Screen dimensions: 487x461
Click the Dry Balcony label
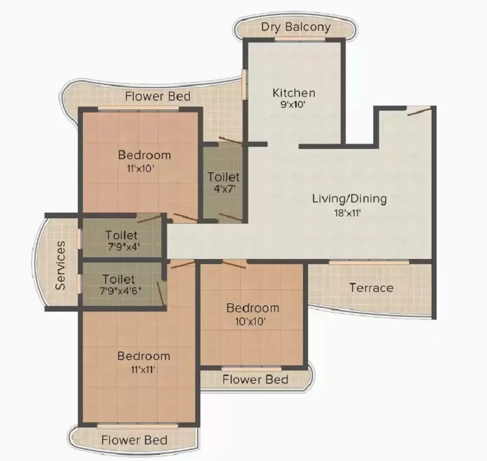[296, 27]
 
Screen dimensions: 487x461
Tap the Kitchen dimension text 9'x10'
[293, 104]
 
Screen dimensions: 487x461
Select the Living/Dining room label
[349, 199]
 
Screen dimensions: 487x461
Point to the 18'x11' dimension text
[348, 213]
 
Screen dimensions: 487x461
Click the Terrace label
[371, 288]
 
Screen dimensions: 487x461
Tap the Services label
[60, 265]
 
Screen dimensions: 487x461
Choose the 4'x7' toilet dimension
[223, 189]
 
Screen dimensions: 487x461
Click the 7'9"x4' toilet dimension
[124, 247]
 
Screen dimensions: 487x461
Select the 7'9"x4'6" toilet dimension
[121, 291]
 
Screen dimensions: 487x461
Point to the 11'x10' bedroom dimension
[141, 168]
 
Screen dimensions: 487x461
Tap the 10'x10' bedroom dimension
[250, 321]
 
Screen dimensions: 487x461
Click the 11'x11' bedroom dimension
[143, 370]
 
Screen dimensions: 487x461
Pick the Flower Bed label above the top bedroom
[158, 96]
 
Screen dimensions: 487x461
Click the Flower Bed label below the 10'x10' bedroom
[255, 380]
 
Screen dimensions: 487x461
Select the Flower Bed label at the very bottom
[134, 440]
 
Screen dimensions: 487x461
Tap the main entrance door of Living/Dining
[419, 111]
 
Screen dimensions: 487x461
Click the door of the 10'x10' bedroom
[234, 265]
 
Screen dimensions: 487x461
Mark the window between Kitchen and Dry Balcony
[300, 39]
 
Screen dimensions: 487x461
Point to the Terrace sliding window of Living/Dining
[369, 263]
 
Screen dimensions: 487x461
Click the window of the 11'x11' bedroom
[138, 426]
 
